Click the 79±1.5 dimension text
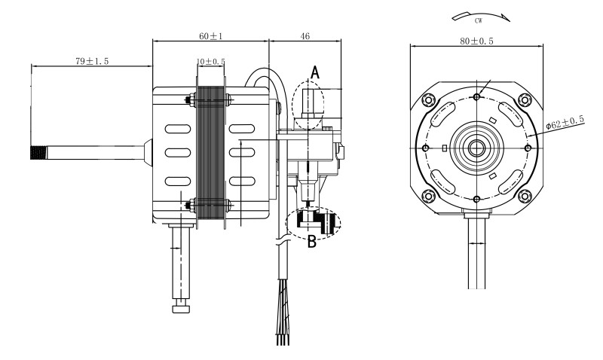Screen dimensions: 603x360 (92, 61)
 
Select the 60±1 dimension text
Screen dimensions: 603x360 (211, 36)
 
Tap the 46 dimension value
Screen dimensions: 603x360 (305, 36)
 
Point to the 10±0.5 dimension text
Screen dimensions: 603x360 (211, 62)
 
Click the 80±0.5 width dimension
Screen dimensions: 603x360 (476, 41)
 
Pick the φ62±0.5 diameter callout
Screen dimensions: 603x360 (565, 123)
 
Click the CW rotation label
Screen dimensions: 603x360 (478, 21)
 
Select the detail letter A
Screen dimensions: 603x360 (315, 72)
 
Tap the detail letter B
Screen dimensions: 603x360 (312, 242)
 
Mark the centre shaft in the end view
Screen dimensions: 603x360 (476, 148)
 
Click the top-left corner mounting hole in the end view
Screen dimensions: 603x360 (428, 100)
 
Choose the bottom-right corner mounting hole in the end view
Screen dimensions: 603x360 (525, 196)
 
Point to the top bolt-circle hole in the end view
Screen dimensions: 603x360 (476, 97)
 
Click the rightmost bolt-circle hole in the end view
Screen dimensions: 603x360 (528, 148)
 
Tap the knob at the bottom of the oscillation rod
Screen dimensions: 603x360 (180, 309)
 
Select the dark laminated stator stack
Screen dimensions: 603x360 (210, 155)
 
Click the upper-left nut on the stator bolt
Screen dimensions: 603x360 (189, 100)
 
